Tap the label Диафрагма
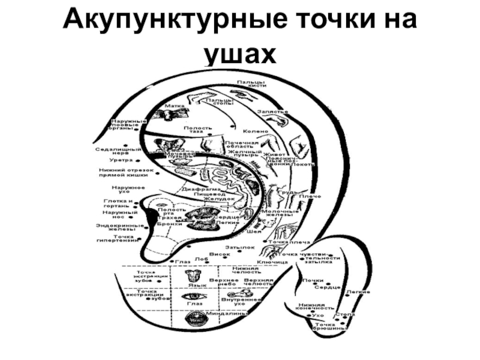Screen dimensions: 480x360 [197, 188]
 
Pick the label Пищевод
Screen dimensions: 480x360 [213, 194]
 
